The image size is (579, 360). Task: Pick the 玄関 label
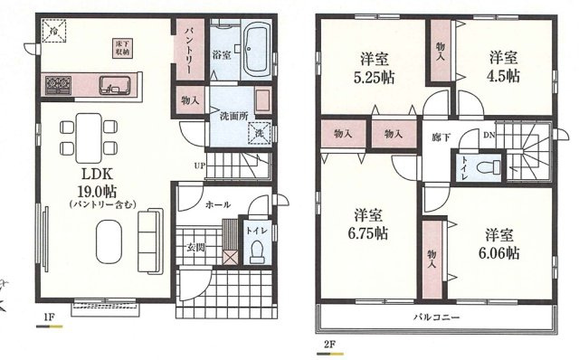197,247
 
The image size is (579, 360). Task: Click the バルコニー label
436,318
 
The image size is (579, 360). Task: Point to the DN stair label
489,136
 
